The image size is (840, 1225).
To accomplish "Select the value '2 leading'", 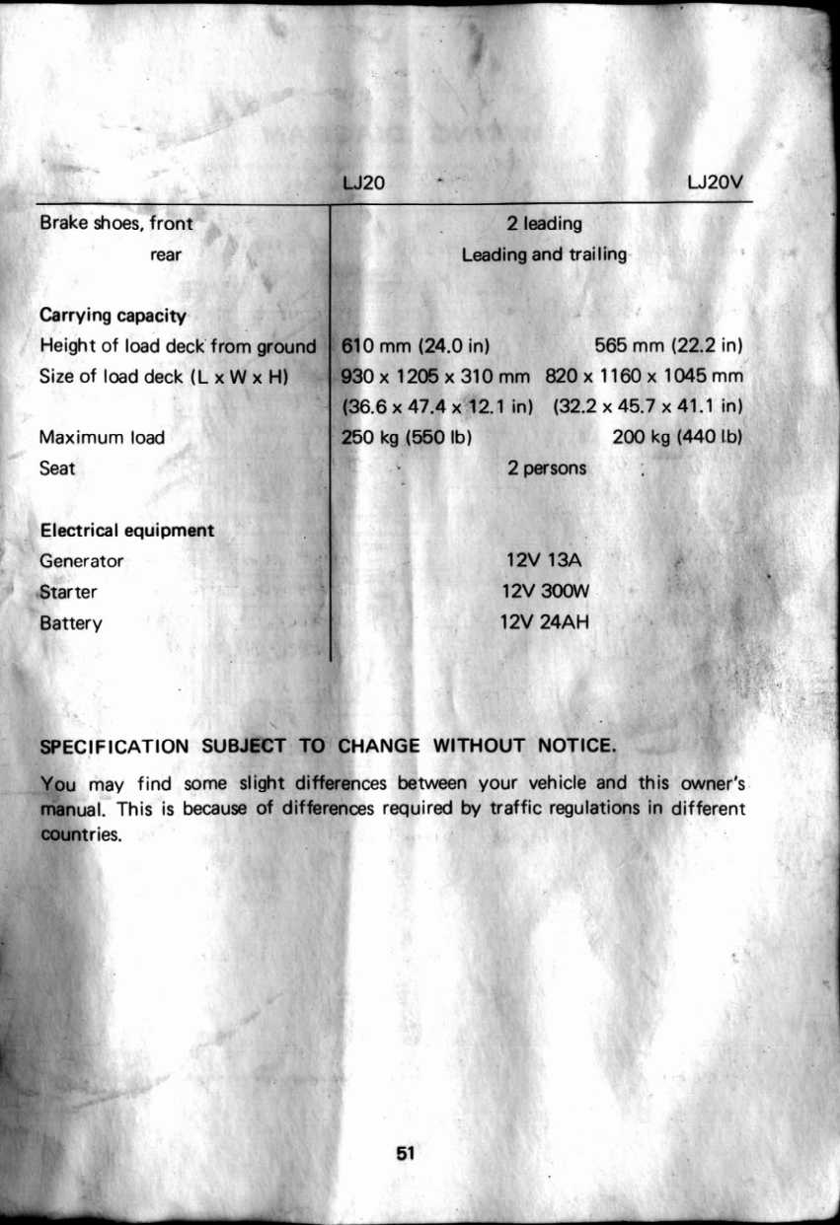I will tap(545, 224).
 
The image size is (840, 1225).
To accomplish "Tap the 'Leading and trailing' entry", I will tap(544, 254).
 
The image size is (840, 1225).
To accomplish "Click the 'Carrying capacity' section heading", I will tap(113, 316).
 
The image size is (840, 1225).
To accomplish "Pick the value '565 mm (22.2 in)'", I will tap(668, 346).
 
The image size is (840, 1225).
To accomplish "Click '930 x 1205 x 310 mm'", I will tap(436, 376).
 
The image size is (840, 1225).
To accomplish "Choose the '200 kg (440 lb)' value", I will tap(677, 437).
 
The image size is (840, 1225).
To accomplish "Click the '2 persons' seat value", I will tap(547, 468).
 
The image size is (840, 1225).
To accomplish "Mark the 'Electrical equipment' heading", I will tap(126, 531).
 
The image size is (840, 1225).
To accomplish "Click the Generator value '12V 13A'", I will tap(547, 561).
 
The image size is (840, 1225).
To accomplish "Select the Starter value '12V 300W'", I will tap(547, 592).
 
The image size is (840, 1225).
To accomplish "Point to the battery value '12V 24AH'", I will tap(547, 622).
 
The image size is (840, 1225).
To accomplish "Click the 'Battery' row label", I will tap(71, 623).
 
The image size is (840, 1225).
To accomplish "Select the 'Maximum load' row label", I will tap(102, 437).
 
